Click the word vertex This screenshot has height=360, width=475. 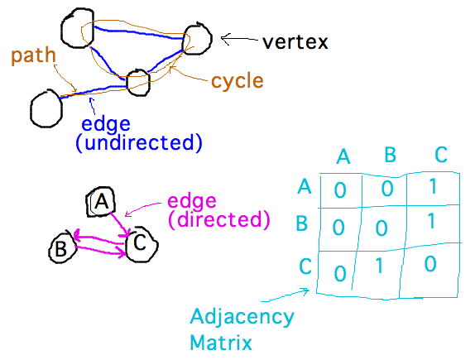[295, 41]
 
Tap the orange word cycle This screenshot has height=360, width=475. [237, 81]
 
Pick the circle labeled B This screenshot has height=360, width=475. [61, 247]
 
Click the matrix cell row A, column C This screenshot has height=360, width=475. [429, 188]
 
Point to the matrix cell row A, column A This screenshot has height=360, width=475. [340, 190]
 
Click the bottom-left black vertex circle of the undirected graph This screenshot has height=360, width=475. [45, 107]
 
